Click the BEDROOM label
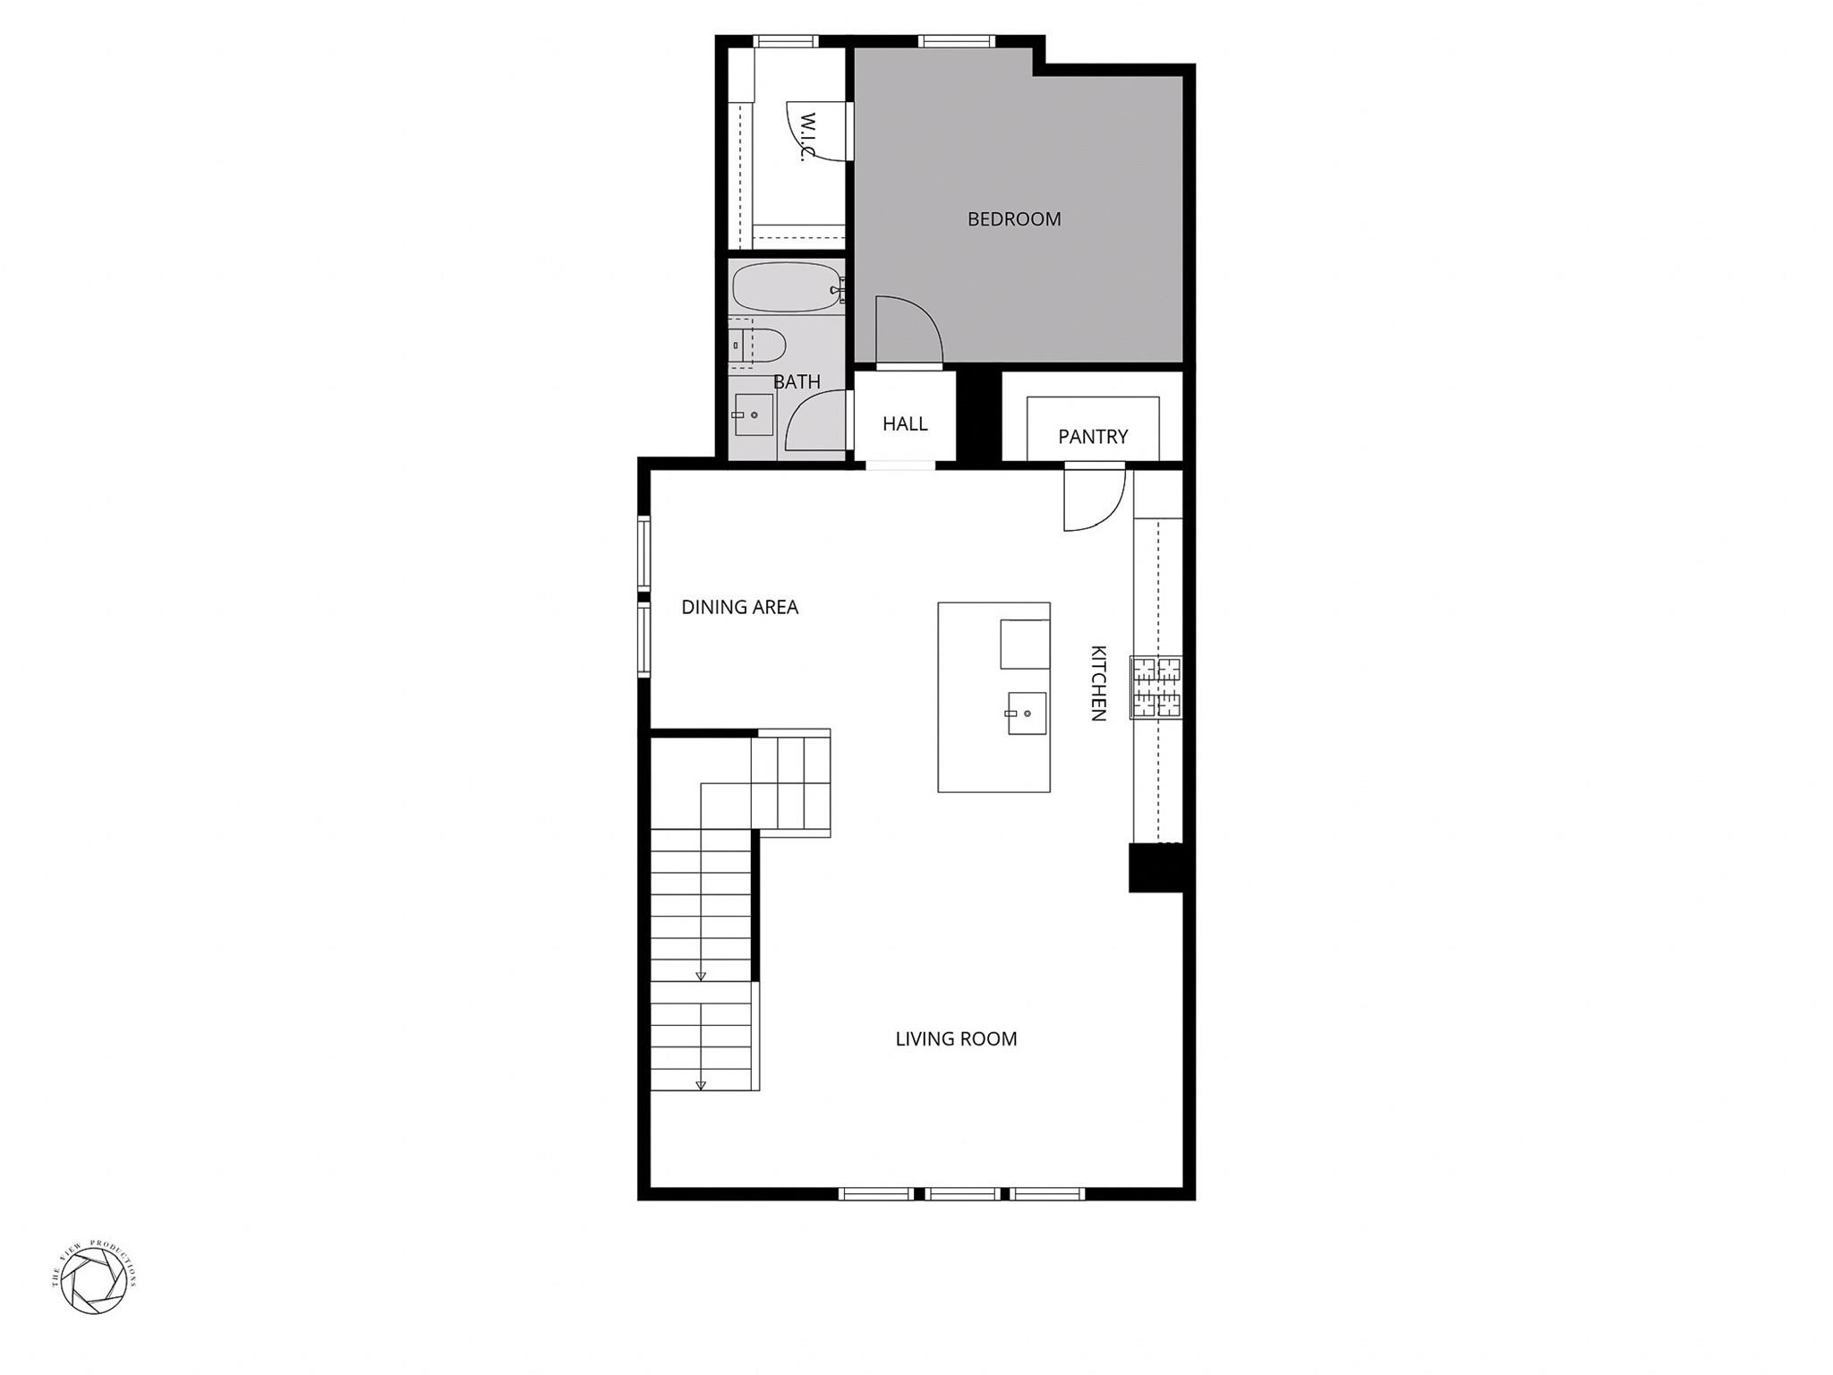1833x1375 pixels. pos(1014,219)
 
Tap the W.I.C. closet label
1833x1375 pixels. pos(808,137)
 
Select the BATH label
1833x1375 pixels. pos(797,382)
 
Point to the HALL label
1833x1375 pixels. pos(905,423)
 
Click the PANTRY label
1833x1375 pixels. pos(1093,437)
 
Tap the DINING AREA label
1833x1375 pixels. pos(739,607)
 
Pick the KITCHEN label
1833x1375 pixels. pos(1098,683)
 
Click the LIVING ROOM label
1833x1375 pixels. pos(956,1038)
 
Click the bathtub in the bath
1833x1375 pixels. pos(786,287)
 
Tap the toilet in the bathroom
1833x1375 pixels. pos(759,344)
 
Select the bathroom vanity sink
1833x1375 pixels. pos(753,414)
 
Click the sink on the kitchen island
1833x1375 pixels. pos(1026,713)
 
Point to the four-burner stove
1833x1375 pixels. pos(1155,687)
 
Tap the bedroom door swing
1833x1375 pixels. pos(906,333)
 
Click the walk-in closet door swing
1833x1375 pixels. pos(816,132)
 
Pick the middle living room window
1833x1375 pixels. pos(962,1193)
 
